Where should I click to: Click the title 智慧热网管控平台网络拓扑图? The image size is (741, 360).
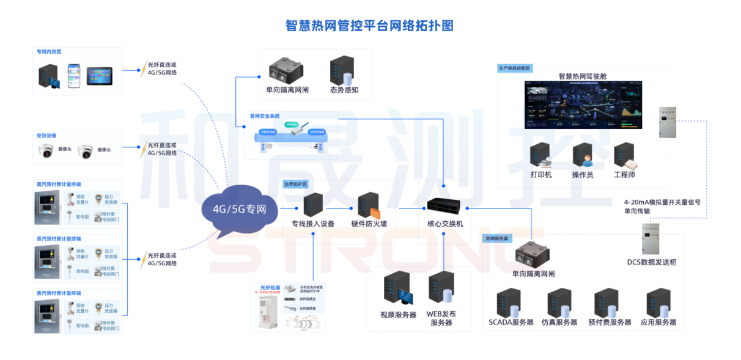coord(370,26)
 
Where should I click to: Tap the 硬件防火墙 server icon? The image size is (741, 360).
coord(368,206)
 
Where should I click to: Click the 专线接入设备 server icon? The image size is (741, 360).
coord(313,205)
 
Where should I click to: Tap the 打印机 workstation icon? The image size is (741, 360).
coord(540,155)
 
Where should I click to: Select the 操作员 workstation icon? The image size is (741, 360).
coord(583,155)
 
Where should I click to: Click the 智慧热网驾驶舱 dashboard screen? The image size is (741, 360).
coord(583,105)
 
